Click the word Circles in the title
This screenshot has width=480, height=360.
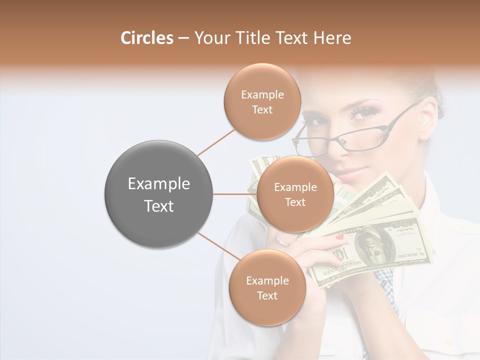click(x=147, y=38)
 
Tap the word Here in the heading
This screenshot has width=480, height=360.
click(x=333, y=38)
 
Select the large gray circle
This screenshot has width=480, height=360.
click(x=158, y=194)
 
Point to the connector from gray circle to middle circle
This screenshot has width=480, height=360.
click(x=235, y=194)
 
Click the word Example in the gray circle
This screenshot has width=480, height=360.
click(x=158, y=184)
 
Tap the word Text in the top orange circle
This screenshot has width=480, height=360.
click(x=262, y=110)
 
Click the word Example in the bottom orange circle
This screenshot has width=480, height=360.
click(x=267, y=281)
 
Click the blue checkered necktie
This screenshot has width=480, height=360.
click(x=386, y=285)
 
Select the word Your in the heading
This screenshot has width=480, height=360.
click(x=210, y=38)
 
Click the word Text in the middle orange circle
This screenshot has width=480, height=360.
click(x=295, y=202)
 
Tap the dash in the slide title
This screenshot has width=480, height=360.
click(x=183, y=38)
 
